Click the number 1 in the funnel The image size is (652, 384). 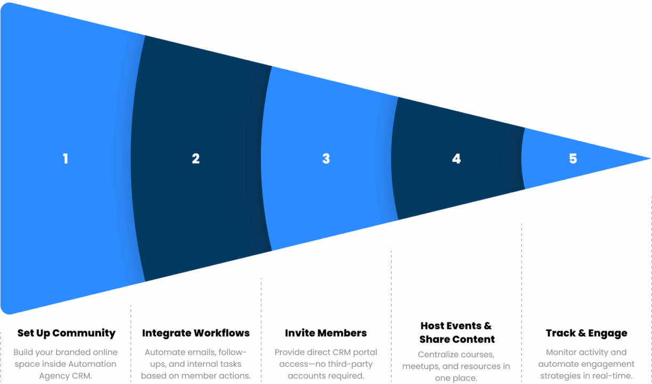pos(66,159)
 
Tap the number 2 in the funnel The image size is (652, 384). pos(195,159)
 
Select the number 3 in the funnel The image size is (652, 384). pos(326,159)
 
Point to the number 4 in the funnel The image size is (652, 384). pos(456,159)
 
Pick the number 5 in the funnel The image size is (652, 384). pos(573,159)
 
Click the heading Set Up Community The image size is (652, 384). pos(66,333)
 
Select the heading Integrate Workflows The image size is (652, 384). pos(195,333)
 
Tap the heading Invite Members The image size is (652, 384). pos(325,333)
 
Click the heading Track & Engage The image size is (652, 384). pos(586,333)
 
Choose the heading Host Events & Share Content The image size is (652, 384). pos(457,332)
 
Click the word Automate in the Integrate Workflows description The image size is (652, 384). pos(162,353)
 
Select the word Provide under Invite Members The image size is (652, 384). pos(289,353)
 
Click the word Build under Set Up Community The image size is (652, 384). pos(23,353)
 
